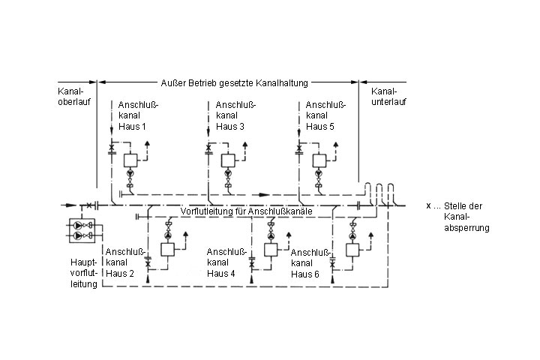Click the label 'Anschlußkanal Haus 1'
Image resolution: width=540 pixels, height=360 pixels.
click(133, 115)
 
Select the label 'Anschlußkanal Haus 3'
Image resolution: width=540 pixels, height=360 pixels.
click(232, 115)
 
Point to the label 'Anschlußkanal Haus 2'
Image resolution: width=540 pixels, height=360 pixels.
click(121, 262)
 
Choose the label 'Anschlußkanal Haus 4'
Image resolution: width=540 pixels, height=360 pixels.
click(223, 262)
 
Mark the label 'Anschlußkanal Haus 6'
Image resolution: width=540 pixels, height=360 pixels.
click(308, 263)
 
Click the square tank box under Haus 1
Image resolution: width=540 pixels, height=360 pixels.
click(131, 159)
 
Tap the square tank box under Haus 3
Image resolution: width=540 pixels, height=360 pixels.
click(228, 159)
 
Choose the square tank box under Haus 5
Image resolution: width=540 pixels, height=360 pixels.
click(320, 159)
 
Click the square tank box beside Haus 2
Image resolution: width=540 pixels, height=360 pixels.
click(166, 250)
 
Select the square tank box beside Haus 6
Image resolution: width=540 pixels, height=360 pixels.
click(351, 250)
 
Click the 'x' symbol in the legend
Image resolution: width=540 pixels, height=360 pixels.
click(428, 205)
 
